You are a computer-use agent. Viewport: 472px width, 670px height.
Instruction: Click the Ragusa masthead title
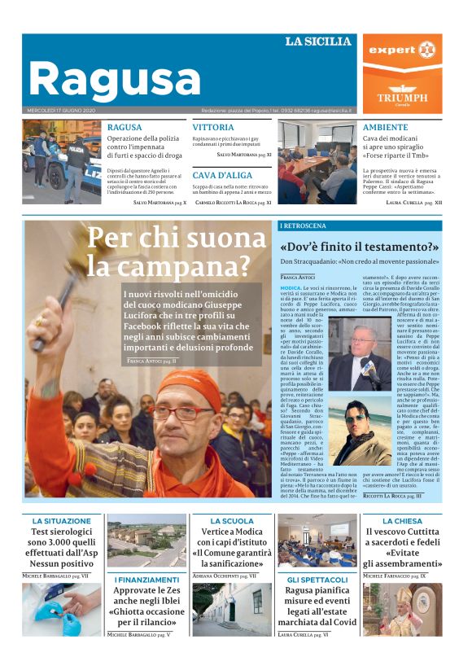[x=114, y=78]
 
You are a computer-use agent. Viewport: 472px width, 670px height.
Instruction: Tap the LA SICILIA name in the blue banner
[x=317, y=42]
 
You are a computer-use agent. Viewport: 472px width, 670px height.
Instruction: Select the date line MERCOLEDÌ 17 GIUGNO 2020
[x=61, y=111]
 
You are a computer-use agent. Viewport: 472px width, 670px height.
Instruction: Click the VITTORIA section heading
[x=212, y=128]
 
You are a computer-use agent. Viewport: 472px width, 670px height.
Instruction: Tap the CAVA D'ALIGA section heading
[x=221, y=175]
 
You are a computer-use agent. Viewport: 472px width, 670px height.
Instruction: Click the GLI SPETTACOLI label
[x=317, y=579]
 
